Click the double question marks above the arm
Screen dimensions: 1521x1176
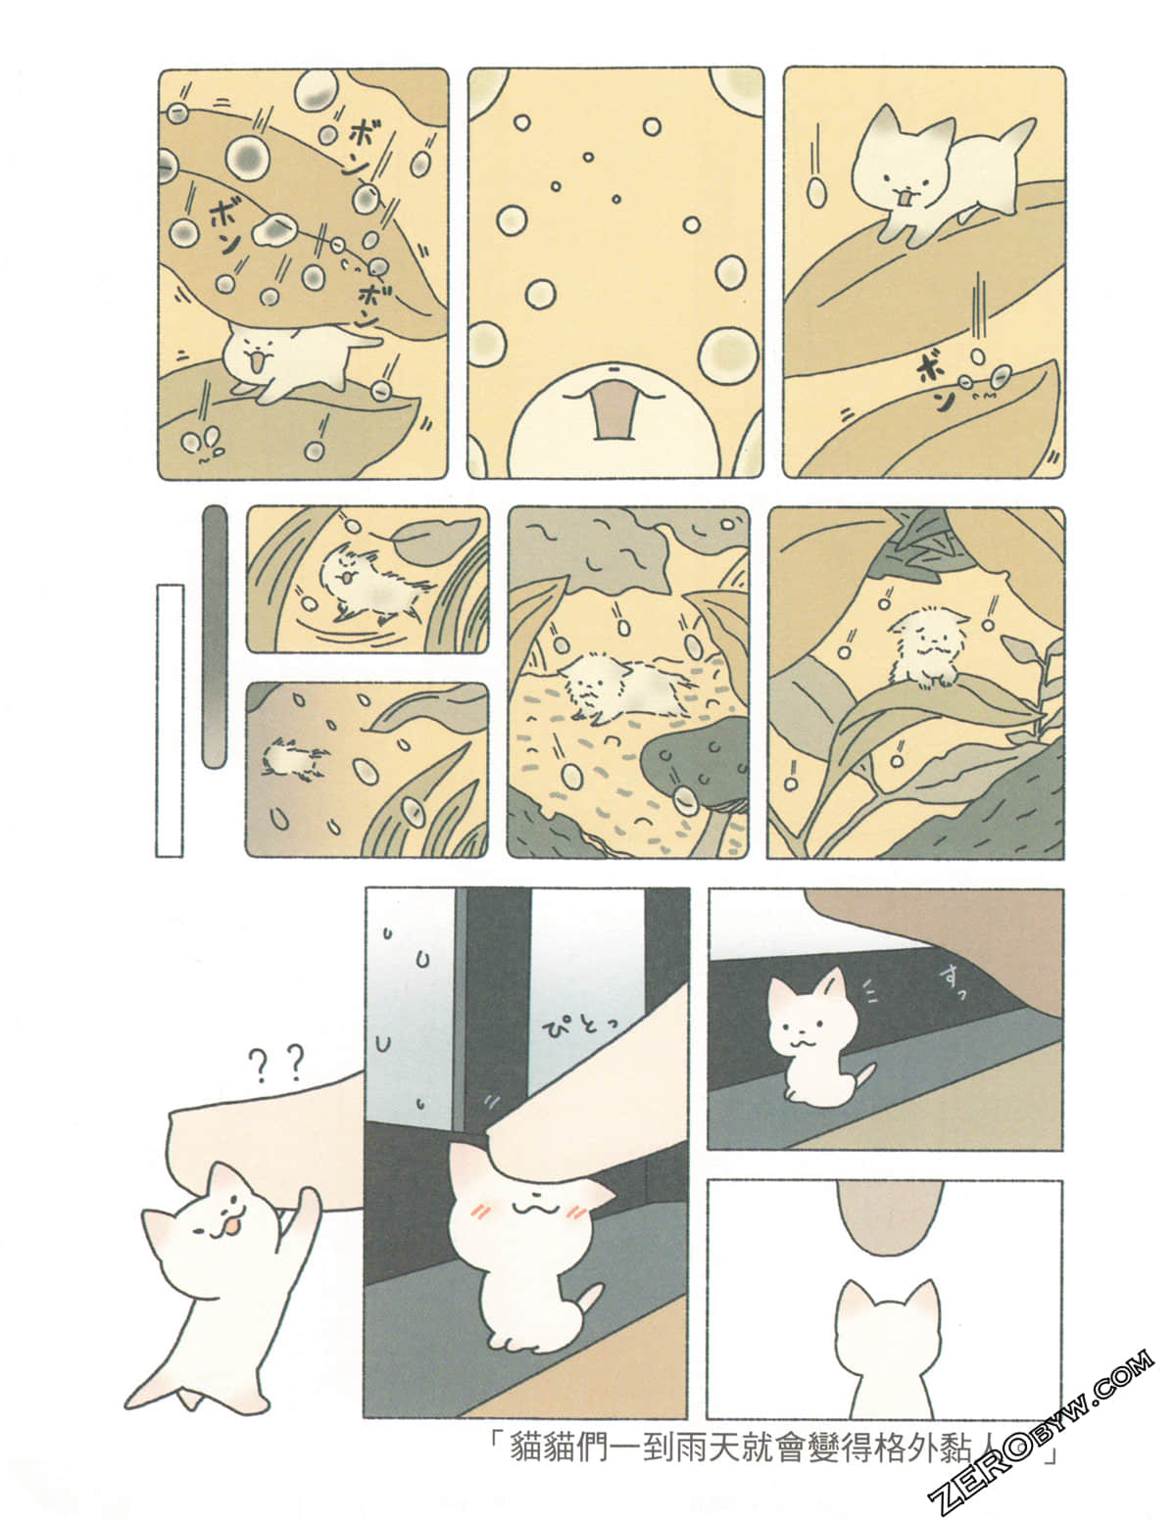[x=277, y=1063]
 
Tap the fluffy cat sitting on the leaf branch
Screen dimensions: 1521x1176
[x=928, y=646]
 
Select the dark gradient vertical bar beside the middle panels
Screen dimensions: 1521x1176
[x=214, y=637]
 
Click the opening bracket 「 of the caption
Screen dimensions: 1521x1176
[x=495, y=1441]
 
